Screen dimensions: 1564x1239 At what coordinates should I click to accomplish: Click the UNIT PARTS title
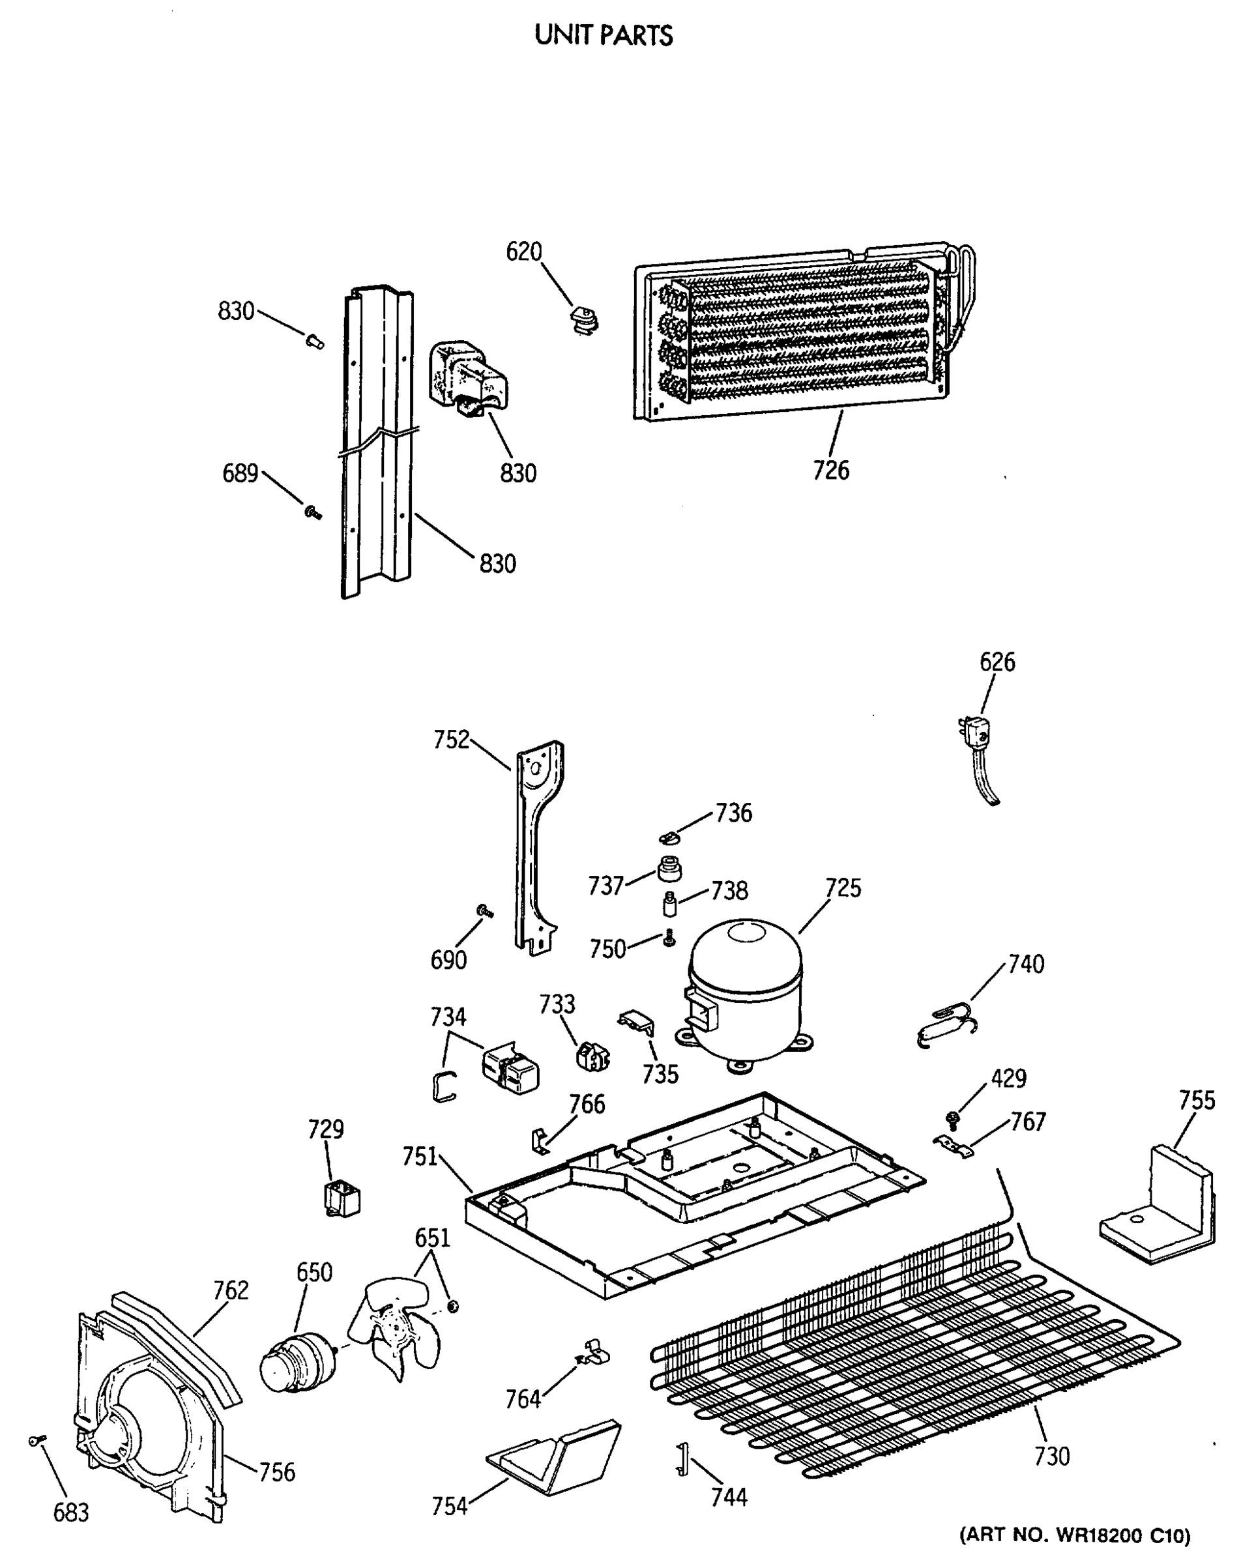(604, 35)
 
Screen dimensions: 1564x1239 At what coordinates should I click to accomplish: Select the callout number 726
(830, 471)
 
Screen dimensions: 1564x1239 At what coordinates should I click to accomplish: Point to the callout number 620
(524, 252)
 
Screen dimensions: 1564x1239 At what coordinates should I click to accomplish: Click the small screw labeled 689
(313, 512)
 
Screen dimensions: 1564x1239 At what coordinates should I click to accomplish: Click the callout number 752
(451, 739)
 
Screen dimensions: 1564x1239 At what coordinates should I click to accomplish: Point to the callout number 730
(1052, 1455)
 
